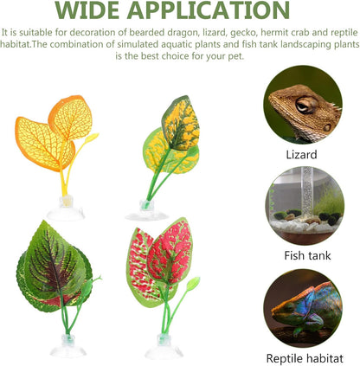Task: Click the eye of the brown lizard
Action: [304, 105]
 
